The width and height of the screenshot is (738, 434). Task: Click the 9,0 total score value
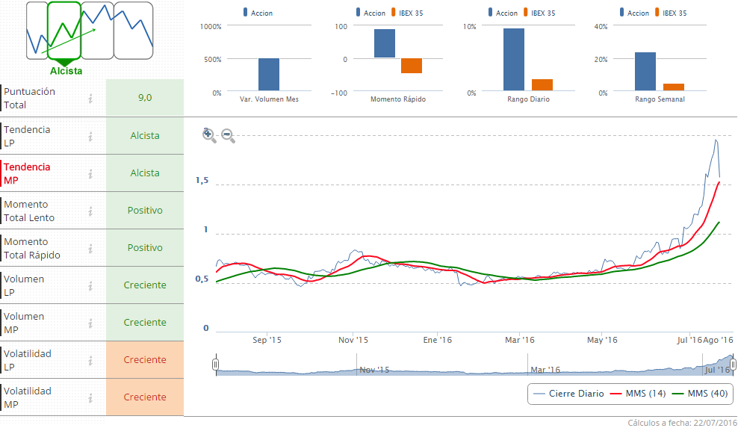point(145,98)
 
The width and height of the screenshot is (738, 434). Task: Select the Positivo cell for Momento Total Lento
point(145,211)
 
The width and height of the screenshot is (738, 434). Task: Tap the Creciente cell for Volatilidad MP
point(145,397)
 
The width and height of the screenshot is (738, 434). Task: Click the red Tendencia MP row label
point(28,173)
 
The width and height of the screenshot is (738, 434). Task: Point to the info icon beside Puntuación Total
point(90,99)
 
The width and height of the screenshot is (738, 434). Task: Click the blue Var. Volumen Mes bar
point(269,75)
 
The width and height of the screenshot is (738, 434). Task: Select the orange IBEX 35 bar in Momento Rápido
point(412,66)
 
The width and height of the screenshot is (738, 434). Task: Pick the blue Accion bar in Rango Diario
point(514,60)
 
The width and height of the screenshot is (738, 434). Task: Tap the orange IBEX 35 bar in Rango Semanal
point(674,87)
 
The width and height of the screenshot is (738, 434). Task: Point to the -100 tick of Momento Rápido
point(340,93)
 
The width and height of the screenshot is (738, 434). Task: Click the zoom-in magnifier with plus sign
point(209,135)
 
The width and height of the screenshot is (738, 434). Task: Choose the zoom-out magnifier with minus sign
point(229,136)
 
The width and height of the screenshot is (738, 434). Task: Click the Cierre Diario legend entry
point(568,394)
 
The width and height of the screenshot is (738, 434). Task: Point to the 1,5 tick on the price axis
point(201,181)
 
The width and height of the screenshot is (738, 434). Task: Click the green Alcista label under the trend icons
point(66,71)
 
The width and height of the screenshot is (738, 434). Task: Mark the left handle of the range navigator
point(215,365)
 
